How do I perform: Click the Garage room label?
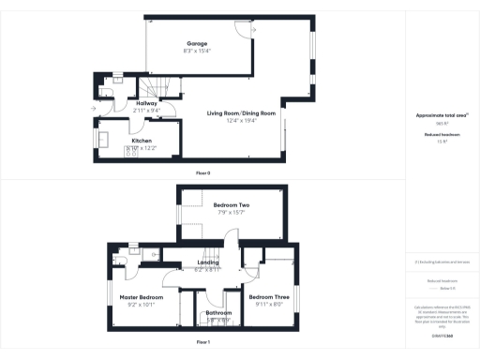pyautogui.click(x=197, y=44)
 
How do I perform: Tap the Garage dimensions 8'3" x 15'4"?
pyautogui.click(x=197, y=51)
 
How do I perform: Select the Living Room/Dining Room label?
pyautogui.click(x=242, y=112)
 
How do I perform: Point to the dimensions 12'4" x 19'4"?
pyautogui.click(x=242, y=120)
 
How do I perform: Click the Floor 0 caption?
pyautogui.click(x=202, y=173)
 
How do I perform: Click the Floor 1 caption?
pyautogui.click(x=202, y=342)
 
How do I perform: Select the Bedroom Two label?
pyautogui.click(x=231, y=204)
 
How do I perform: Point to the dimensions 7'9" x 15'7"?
pyautogui.click(x=231, y=212)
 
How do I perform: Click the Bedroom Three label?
pyautogui.click(x=269, y=296)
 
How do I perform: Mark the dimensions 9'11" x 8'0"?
pyautogui.click(x=269, y=304)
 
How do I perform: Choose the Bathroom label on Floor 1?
pyautogui.click(x=219, y=312)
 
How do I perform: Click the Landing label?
pyautogui.click(x=207, y=262)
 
